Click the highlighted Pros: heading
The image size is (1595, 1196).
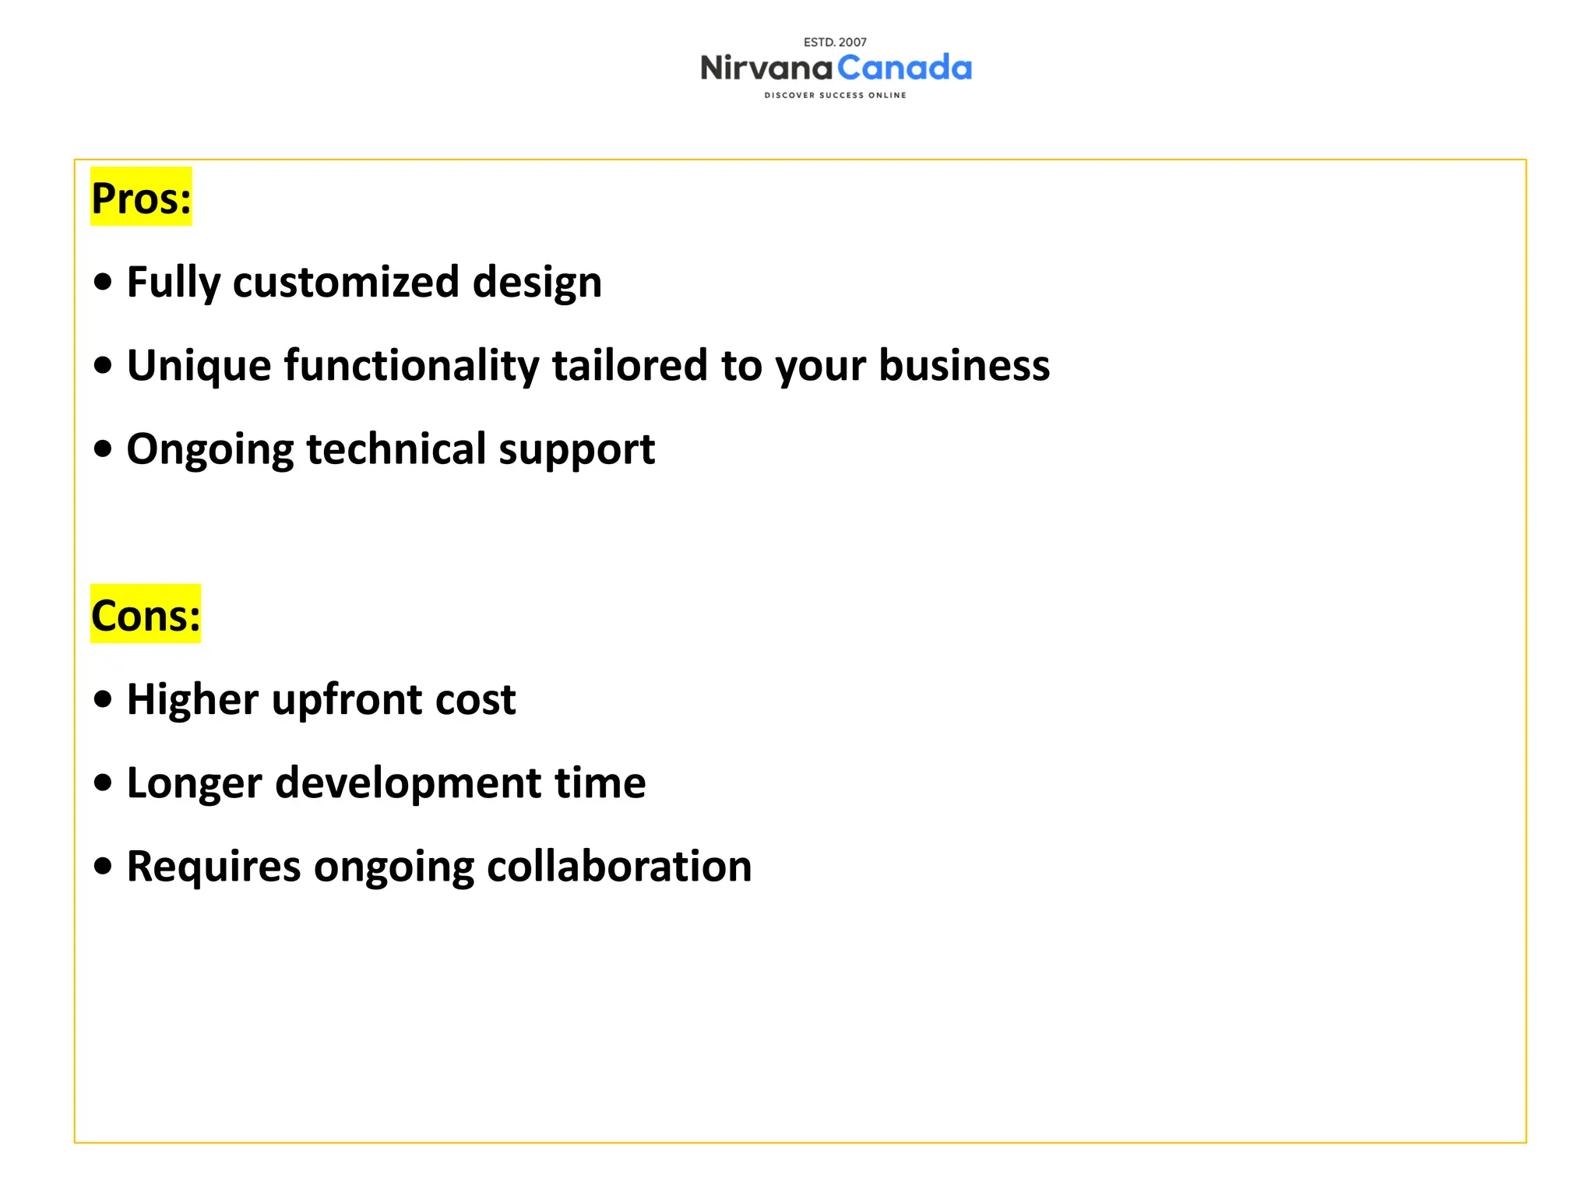pyautogui.click(x=141, y=198)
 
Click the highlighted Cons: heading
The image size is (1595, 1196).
pyautogui.click(x=146, y=615)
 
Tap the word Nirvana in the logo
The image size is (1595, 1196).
pyautogui.click(x=766, y=69)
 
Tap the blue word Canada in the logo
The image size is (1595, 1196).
pyautogui.click(x=904, y=69)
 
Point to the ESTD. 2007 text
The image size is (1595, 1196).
pyautogui.click(x=835, y=42)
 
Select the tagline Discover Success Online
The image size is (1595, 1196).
pyautogui.click(x=835, y=95)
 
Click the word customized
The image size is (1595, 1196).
pyautogui.click(x=345, y=282)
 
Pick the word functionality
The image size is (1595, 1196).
pyautogui.click(x=410, y=365)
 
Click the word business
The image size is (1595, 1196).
pyautogui.click(x=963, y=365)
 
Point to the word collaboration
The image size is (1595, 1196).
pyautogui.click(x=619, y=866)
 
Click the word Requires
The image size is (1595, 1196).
pyautogui.click(x=213, y=866)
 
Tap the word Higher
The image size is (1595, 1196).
pyautogui.click(x=192, y=699)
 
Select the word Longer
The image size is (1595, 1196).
pyautogui.click(x=194, y=783)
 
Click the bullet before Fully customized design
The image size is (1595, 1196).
pyautogui.click(x=103, y=282)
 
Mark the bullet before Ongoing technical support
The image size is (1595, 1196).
pyautogui.click(x=103, y=449)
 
